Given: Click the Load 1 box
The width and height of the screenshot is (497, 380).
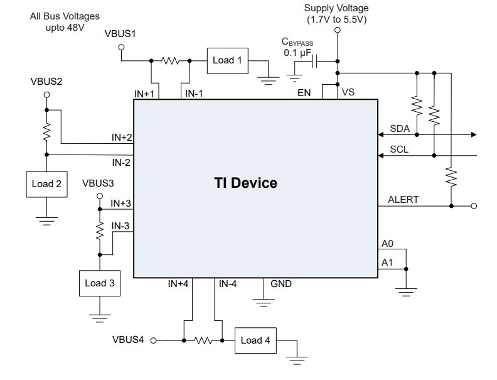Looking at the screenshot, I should tap(227, 60).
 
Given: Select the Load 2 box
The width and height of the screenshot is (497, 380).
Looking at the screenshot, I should tap(46, 184).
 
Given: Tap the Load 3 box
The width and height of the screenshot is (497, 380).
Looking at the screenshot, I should tap(99, 283).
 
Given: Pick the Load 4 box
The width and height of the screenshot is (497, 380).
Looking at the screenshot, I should tap(255, 340).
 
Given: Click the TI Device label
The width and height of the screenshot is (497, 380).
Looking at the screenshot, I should tap(245, 183).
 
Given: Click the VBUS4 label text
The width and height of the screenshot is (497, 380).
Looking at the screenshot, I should tap(128, 340).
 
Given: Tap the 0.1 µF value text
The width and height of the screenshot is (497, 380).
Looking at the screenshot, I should tap(297, 53).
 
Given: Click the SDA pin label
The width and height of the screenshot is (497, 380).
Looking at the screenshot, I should tap(399, 129).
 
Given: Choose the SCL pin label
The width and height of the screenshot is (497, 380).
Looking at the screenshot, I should tap(399, 149).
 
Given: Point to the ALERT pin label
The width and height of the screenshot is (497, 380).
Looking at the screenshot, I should tap(403, 200).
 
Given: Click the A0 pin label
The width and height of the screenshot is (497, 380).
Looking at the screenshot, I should tap(387, 243).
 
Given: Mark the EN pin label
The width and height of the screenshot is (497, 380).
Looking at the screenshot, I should tap(304, 93).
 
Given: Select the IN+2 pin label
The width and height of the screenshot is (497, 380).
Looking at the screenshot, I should tap(121, 137).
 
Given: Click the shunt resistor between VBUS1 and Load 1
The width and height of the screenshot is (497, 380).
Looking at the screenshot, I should tap(170, 61).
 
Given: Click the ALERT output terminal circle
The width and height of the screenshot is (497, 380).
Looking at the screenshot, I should tap(474, 205).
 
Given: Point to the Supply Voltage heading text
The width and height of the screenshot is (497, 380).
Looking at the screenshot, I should tap(336, 8).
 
